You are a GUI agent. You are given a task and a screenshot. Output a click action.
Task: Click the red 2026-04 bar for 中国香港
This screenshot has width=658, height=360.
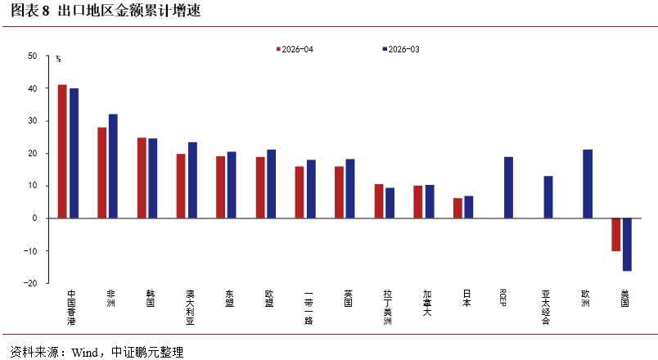[x=62, y=151]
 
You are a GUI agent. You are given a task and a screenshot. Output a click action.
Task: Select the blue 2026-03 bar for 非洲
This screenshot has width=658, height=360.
[x=113, y=166]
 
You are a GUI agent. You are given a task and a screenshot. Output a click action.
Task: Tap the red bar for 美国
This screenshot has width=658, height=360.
[x=615, y=235]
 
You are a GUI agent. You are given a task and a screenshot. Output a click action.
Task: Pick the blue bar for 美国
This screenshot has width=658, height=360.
[x=627, y=245]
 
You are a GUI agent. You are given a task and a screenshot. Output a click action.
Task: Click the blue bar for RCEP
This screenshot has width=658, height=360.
[x=508, y=187]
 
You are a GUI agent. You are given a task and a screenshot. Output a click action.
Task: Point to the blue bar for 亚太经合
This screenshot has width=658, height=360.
[x=548, y=197]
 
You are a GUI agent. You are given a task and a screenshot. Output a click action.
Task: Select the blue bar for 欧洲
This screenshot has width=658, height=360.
[x=588, y=184]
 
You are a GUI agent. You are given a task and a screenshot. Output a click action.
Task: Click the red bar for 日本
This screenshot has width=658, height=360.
[x=457, y=208]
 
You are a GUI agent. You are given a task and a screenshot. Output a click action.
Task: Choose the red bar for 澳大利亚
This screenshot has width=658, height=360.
[x=180, y=186]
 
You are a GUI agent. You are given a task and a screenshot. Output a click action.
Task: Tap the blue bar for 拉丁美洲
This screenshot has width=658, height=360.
[x=390, y=203]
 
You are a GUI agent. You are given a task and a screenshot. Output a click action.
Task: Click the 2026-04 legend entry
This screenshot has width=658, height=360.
[x=295, y=49]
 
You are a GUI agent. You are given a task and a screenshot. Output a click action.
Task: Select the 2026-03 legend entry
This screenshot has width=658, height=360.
[x=401, y=49]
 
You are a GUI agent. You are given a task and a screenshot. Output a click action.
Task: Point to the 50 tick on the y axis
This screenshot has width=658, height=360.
[x=32, y=56]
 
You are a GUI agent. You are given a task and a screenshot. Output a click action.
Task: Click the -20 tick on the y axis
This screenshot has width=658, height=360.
[x=30, y=283]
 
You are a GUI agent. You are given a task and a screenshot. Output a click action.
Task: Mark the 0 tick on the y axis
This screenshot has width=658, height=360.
[x=35, y=218]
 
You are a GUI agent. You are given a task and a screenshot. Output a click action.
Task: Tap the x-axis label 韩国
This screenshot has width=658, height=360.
[x=151, y=299]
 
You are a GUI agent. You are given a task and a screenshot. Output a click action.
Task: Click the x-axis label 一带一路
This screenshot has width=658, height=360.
[x=309, y=308]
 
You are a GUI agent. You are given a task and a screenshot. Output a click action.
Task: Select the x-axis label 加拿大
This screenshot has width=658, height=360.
[x=427, y=303]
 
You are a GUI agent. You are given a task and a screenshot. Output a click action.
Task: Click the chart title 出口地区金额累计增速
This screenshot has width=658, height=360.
[x=128, y=11]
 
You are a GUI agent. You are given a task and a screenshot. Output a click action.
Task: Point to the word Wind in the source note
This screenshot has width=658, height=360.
[x=84, y=352]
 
